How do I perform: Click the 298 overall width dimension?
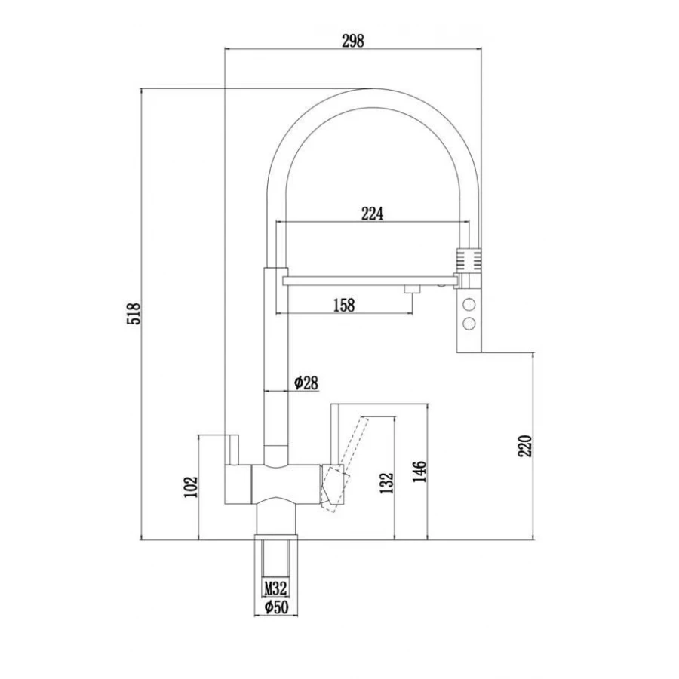(353, 41)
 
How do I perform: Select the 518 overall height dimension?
(134, 314)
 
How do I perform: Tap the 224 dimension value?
(373, 214)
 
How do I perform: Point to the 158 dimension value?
(344, 305)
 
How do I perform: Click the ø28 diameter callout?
(306, 383)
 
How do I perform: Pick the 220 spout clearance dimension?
(524, 446)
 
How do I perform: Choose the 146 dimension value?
(419, 472)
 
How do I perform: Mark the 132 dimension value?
(387, 483)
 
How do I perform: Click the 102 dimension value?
(191, 487)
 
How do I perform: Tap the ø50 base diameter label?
(276, 607)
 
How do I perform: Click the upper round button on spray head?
(469, 304)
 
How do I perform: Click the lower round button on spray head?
(469, 323)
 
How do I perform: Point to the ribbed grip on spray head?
(469, 260)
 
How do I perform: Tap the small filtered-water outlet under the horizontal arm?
(412, 290)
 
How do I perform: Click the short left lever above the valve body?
(232, 449)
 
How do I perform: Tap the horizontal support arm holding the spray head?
(370, 281)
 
